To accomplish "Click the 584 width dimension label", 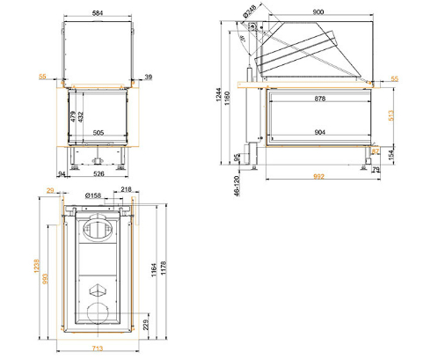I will click(98, 13).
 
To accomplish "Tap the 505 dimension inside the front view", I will click(99, 133).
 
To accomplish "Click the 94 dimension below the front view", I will click(62, 174).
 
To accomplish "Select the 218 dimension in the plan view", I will click(126, 189).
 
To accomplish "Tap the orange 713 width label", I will click(99, 349).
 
